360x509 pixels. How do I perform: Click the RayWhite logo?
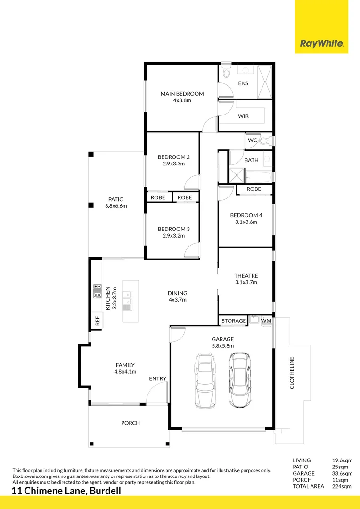click(x=321, y=44)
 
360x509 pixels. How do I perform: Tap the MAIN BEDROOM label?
click(x=182, y=94)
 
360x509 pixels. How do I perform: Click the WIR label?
click(x=243, y=116)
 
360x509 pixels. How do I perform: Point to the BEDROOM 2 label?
click(x=170, y=157)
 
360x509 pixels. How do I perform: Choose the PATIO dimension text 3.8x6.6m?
click(x=116, y=206)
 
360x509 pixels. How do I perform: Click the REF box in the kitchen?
click(x=98, y=321)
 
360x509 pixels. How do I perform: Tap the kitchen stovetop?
click(x=98, y=291)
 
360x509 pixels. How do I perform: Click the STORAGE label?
click(x=234, y=321)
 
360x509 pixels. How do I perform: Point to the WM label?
click(x=266, y=321)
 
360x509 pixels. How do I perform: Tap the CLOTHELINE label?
click(x=292, y=372)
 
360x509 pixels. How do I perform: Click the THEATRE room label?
click(x=246, y=276)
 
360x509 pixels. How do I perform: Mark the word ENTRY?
click(x=157, y=378)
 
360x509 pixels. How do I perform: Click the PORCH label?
click(x=131, y=423)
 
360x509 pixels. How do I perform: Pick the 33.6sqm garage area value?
click(x=343, y=473)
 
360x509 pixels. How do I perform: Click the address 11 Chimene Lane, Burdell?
click(x=66, y=491)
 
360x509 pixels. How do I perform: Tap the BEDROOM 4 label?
click(x=246, y=215)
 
